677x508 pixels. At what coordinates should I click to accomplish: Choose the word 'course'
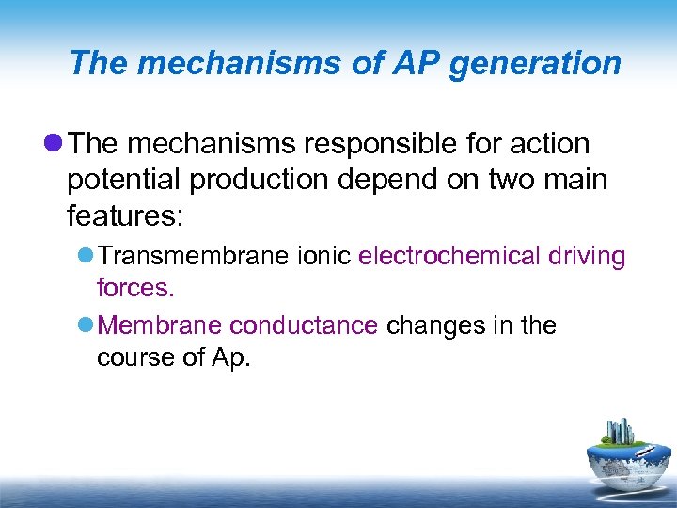pos(137,357)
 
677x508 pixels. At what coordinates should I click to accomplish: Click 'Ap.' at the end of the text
pos(229,357)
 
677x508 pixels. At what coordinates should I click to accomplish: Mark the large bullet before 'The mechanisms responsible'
pos(53,144)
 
